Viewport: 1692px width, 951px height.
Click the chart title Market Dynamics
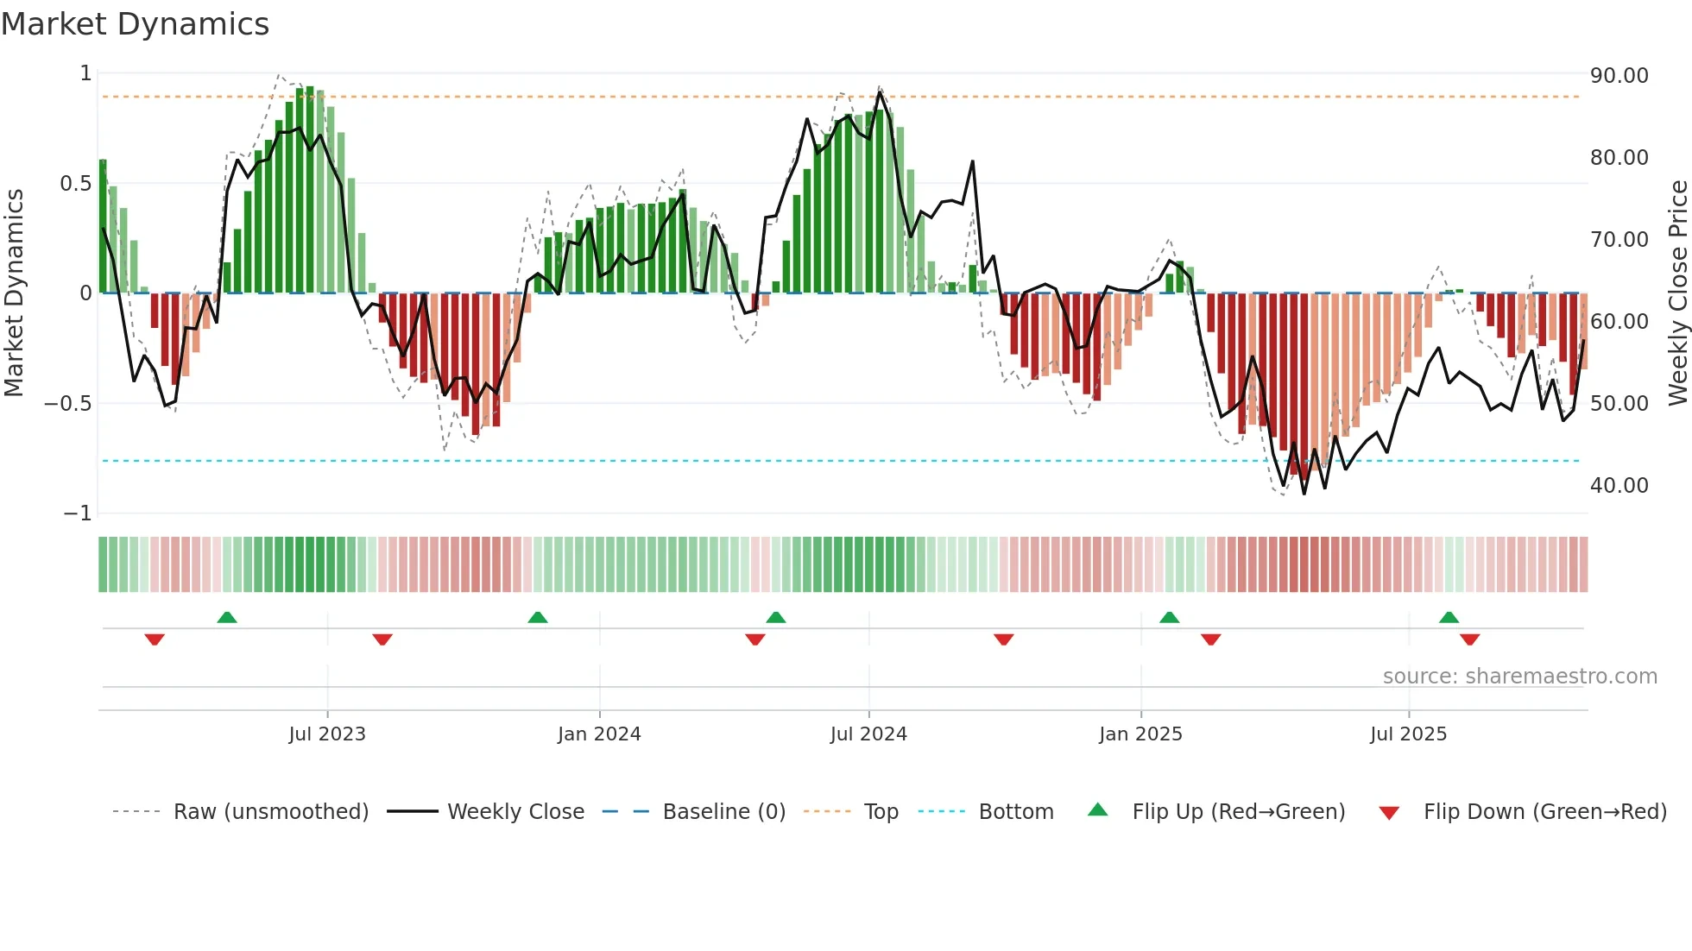pyautogui.click(x=135, y=24)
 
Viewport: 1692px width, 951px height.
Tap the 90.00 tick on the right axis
pyautogui.click(x=1619, y=76)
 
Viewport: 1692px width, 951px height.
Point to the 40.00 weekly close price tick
pyautogui.click(x=1619, y=486)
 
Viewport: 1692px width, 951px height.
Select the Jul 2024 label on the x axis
pyautogui.click(x=868, y=734)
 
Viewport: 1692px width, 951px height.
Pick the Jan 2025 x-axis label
pyautogui.click(x=1140, y=734)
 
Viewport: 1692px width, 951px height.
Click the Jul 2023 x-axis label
pyautogui.click(x=327, y=734)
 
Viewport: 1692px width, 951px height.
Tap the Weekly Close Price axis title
pyautogui.click(x=1677, y=293)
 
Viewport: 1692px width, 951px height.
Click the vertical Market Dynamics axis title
pyautogui.click(x=14, y=293)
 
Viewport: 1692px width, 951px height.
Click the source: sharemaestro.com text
pyautogui.click(x=1519, y=677)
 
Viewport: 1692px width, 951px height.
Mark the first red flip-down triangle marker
pyautogui.click(x=155, y=639)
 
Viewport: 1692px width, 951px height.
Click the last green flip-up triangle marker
pyautogui.click(x=1449, y=618)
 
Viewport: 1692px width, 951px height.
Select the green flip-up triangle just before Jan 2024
pyautogui.click(x=537, y=618)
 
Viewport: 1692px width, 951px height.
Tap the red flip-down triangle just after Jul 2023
pyautogui.click(x=382, y=639)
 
